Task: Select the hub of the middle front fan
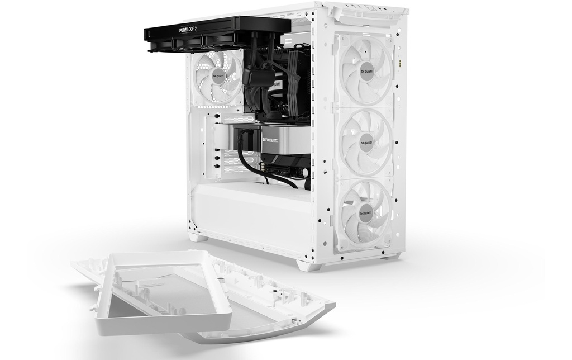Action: [366, 142]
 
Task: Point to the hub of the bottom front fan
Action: [365, 212]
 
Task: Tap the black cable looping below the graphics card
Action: [263, 173]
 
